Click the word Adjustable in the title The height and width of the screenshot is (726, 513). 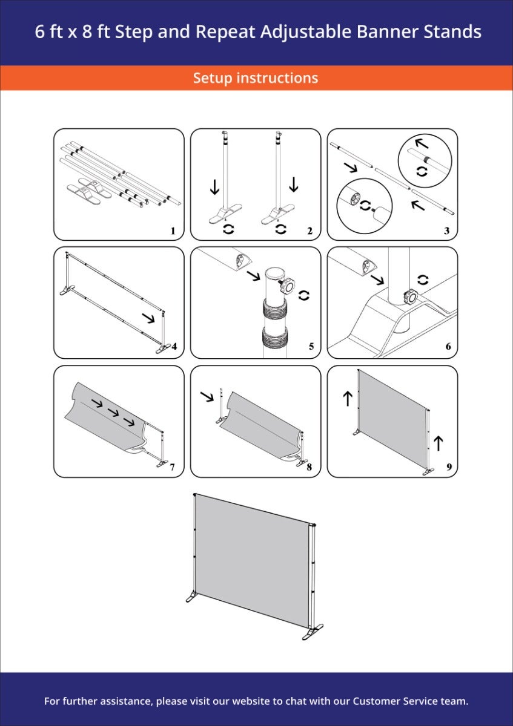point(306,33)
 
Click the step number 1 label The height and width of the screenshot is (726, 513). point(173,231)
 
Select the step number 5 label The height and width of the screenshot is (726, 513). point(311,347)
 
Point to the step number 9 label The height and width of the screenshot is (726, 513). point(449,466)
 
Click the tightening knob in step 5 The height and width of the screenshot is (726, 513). point(287,286)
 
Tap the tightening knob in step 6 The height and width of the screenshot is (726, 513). point(411,296)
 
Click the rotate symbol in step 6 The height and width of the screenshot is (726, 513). point(423,280)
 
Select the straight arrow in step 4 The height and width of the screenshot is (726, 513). point(148,318)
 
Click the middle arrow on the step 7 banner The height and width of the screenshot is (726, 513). point(113,413)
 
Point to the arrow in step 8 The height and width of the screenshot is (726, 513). point(207,396)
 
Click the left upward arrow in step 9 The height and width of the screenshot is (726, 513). point(348,398)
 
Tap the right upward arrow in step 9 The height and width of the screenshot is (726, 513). point(438,443)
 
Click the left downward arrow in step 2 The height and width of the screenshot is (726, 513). point(214,188)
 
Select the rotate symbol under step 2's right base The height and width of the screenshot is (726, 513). point(280,229)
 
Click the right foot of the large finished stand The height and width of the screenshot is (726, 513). point(313,632)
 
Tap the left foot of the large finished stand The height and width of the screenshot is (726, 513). point(191,597)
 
